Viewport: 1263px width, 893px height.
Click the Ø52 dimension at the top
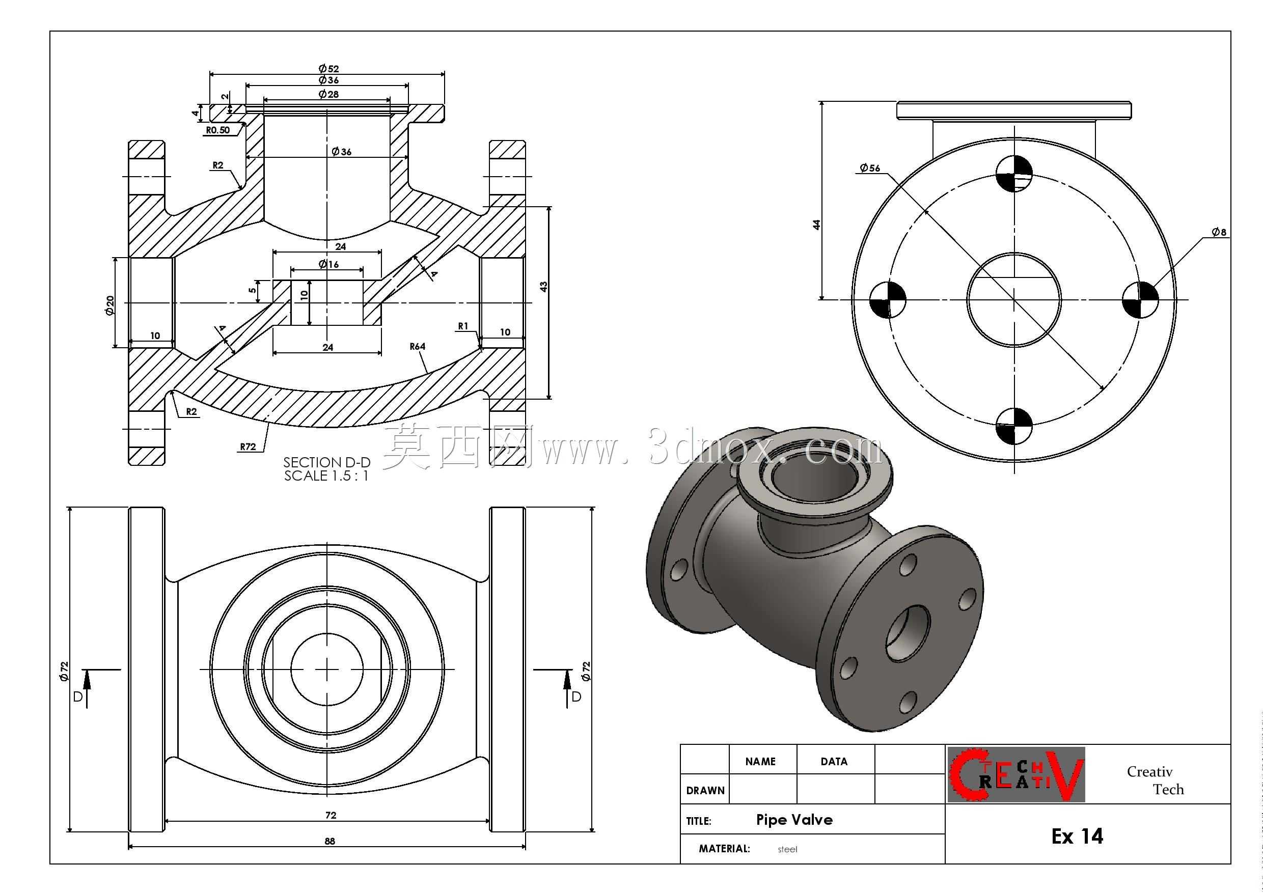(x=328, y=69)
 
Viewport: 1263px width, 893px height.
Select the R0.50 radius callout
(x=218, y=130)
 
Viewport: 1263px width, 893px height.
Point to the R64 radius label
(x=418, y=346)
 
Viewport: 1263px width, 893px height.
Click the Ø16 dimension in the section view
(x=328, y=264)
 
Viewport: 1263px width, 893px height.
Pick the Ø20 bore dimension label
(x=109, y=305)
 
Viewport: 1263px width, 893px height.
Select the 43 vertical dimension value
(x=544, y=287)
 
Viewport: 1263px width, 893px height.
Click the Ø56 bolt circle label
(x=870, y=168)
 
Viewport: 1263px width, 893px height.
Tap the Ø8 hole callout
(x=1219, y=232)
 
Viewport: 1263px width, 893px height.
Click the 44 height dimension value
(x=817, y=225)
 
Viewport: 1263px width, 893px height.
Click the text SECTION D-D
(x=327, y=462)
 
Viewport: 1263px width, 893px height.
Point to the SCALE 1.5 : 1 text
(x=326, y=476)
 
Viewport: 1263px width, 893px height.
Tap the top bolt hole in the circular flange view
(x=1014, y=174)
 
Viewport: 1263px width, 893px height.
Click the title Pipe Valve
(x=794, y=820)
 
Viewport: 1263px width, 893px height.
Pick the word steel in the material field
(x=787, y=850)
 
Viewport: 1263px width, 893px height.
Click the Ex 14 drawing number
(x=1077, y=836)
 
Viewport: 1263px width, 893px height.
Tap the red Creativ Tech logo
(x=1016, y=774)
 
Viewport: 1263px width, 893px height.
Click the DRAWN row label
(x=705, y=791)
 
